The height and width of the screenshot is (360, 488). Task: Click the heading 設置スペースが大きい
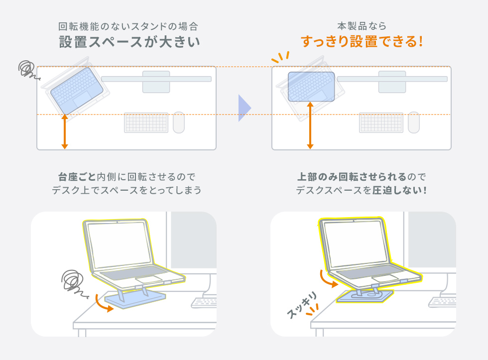tap(129, 42)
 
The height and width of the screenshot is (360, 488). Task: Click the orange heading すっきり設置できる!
tap(362, 42)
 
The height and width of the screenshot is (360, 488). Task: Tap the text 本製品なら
tap(362, 26)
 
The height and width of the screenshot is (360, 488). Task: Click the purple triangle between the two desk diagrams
tap(244, 108)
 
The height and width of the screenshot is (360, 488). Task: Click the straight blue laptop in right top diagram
tap(311, 87)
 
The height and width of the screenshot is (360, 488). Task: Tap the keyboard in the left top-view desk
tap(146, 122)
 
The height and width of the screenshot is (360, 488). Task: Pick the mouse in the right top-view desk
tap(413, 122)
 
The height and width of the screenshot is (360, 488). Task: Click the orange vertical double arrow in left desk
tap(65, 131)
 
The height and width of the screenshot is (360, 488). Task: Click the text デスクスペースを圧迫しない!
tap(362, 191)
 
